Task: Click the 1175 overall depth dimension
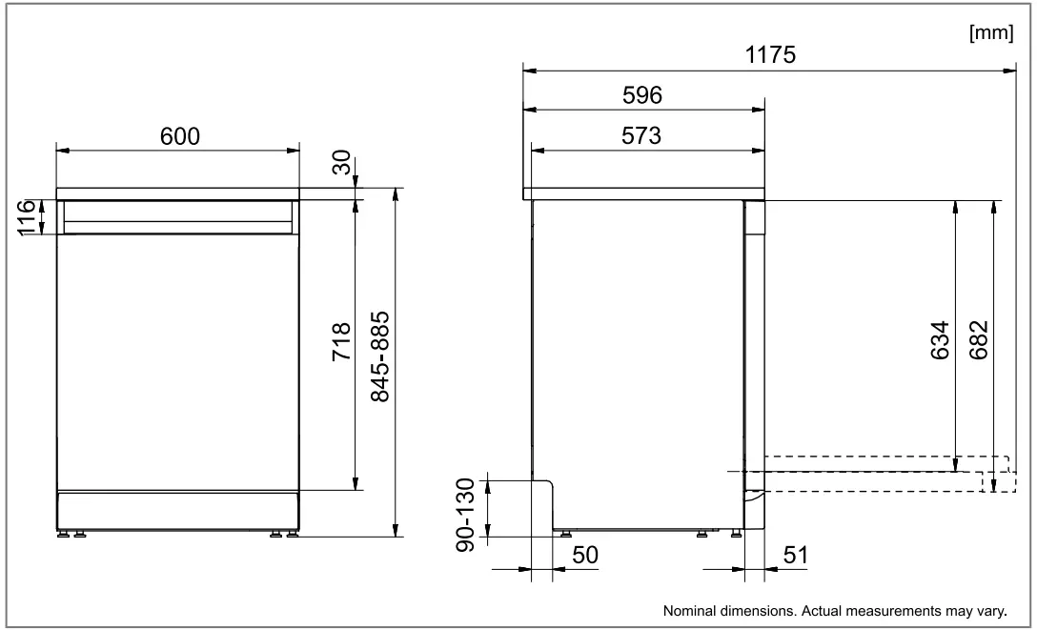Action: pyautogui.click(x=769, y=56)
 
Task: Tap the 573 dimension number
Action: pyautogui.click(x=641, y=136)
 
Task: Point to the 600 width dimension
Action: pyautogui.click(x=179, y=136)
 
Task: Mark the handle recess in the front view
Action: pyautogui.click(x=177, y=217)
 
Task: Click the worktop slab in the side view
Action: pyautogui.click(x=643, y=193)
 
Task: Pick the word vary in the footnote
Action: pyautogui.click(x=993, y=610)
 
